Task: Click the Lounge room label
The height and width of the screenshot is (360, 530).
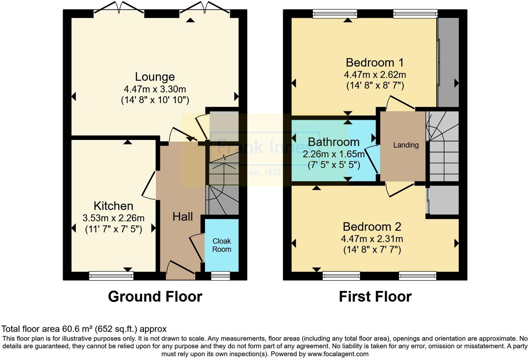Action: (x=155, y=77)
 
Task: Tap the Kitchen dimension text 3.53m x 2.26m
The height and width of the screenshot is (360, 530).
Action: (x=113, y=218)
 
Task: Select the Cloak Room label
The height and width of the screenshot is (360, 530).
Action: (x=222, y=245)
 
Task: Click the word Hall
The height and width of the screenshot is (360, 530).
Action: (x=182, y=217)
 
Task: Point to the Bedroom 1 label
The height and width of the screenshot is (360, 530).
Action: (x=374, y=63)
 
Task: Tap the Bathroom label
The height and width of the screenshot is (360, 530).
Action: (x=333, y=142)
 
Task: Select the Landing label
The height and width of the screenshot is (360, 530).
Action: (x=406, y=145)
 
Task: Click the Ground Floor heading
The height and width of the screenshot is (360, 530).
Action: (x=155, y=297)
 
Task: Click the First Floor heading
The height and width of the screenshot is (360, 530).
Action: (x=375, y=297)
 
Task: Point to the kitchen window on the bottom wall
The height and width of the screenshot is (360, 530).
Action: (x=111, y=276)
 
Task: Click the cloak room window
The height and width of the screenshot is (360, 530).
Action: (x=221, y=276)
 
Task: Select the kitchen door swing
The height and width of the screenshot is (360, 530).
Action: (x=149, y=186)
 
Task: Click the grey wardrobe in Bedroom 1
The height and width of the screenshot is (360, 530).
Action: (x=448, y=63)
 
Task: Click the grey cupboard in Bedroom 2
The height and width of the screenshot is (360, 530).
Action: (x=443, y=201)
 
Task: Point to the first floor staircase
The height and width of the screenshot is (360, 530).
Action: (x=443, y=147)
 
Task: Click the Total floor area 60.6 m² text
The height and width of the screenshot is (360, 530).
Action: (x=84, y=329)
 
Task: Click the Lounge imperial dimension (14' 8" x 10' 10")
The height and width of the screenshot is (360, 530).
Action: (x=155, y=100)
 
